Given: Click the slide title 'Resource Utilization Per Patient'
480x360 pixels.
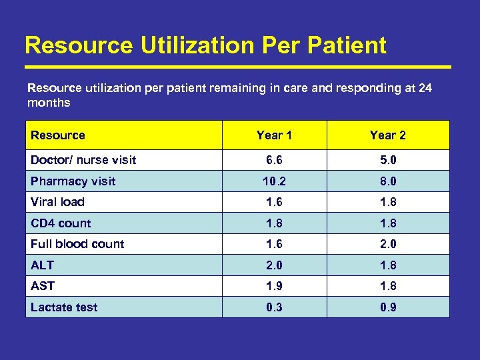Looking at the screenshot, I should coord(205,45).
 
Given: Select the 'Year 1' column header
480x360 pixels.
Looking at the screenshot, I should coord(274,135).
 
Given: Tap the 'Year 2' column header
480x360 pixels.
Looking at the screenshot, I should coord(388,135).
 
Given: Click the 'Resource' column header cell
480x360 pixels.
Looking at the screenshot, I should coord(58,135).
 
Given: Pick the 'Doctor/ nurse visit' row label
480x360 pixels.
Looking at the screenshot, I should coord(83,160).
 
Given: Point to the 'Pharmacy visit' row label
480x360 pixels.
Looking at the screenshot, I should coord(73,181).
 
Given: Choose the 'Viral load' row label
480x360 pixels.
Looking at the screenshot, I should coord(57,202).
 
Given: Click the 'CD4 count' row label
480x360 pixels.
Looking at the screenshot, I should coord(61,223).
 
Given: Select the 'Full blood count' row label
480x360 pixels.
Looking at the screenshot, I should coord(77,244).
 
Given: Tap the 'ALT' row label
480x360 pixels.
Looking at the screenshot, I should coord(42,265).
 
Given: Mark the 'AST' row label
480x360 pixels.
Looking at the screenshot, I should coord(43,286).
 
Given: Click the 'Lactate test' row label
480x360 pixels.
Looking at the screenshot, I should coord(64,307).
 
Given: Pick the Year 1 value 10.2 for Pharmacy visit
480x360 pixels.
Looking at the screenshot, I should coord(274,181).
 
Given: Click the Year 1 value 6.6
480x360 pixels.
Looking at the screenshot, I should coord(274,160).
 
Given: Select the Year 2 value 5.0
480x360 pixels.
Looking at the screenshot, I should coord(388,160).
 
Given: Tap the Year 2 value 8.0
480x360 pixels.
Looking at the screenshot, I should coord(388,181).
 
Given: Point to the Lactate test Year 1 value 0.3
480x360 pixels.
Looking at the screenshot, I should coord(274,307).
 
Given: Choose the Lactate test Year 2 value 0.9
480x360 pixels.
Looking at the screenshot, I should coord(388,307).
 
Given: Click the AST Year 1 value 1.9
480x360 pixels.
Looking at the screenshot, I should coord(274,286).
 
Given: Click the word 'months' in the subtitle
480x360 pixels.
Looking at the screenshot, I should coord(49,103).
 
